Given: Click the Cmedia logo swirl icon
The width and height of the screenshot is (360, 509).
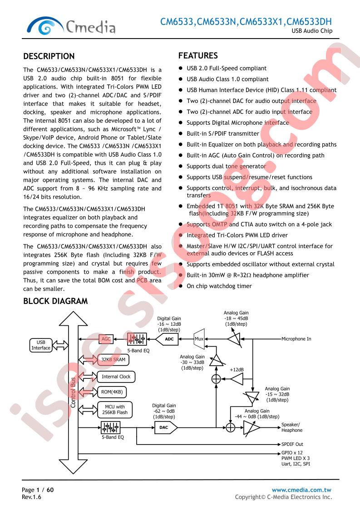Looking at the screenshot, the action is [45, 26].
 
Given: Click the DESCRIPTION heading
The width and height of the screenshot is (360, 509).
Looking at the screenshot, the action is [49, 56].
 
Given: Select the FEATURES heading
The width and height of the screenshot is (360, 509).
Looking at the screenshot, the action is [198, 55].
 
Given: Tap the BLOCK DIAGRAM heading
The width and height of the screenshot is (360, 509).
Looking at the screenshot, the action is [55, 301].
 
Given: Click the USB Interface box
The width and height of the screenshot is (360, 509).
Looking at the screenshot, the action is [40, 345].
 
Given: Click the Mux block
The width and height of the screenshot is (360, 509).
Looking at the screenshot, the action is [199, 339].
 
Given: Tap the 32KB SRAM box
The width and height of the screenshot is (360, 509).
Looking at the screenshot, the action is [113, 359].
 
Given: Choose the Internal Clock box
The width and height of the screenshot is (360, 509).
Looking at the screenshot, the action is [116, 377].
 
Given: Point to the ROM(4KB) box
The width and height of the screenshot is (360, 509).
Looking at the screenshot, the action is [112, 392].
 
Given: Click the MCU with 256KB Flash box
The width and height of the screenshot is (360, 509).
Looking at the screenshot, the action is [115, 410].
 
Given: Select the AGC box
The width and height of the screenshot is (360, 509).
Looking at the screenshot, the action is [106, 339].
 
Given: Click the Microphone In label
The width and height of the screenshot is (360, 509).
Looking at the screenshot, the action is [296, 339].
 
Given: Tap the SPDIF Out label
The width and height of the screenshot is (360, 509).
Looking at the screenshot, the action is [292, 444].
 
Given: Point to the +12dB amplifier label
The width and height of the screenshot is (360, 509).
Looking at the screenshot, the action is [237, 370].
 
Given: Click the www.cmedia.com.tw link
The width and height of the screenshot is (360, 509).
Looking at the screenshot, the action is [301, 490].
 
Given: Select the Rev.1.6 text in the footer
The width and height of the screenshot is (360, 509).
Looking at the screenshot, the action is [31, 497].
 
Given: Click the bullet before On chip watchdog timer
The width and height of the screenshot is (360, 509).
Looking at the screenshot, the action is [181, 286].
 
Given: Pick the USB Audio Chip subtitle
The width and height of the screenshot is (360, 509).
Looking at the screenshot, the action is [312, 31].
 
